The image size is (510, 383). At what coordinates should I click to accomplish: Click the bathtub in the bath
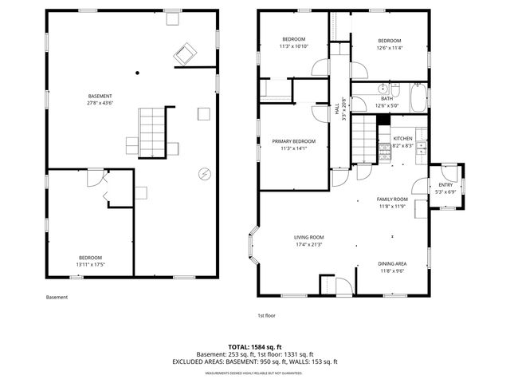click(x=416, y=98)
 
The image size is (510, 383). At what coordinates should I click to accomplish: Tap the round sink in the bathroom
click(x=383, y=89)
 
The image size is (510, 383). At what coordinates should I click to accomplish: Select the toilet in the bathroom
click(x=397, y=87)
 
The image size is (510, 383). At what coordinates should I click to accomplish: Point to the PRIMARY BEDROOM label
click(x=288, y=141)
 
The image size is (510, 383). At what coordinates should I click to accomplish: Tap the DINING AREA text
click(x=392, y=264)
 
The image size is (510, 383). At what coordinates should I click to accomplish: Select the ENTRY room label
click(x=445, y=185)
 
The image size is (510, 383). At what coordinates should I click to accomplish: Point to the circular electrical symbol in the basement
click(x=203, y=173)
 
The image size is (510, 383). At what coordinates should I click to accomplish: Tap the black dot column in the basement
click(x=137, y=73)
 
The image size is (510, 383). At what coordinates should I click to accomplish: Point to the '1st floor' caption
click(x=266, y=316)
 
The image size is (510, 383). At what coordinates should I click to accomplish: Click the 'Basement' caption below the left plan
click(x=57, y=298)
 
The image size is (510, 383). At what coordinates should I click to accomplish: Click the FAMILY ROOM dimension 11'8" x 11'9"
click(x=392, y=206)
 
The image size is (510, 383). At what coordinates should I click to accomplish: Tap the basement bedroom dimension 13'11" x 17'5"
click(x=90, y=264)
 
